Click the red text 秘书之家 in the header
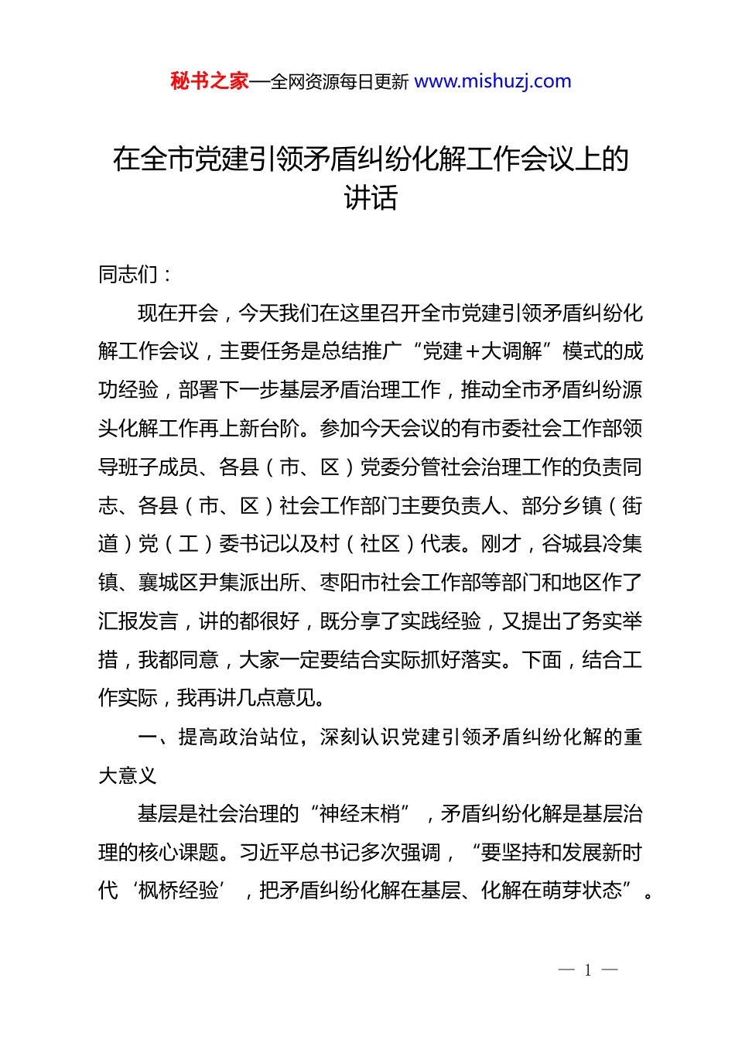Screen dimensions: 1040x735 click(210, 81)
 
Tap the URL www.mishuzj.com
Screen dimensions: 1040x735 click(493, 81)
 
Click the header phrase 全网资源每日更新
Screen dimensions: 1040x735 click(340, 82)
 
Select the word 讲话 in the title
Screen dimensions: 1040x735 click(371, 198)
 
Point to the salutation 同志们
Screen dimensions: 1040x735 click(128, 274)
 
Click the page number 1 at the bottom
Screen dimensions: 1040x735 click(588, 970)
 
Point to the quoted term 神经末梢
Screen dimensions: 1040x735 click(360, 814)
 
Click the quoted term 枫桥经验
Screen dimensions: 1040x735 click(179, 891)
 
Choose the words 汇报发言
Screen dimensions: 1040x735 click(138, 621)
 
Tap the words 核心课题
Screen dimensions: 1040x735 click(179, 853)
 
